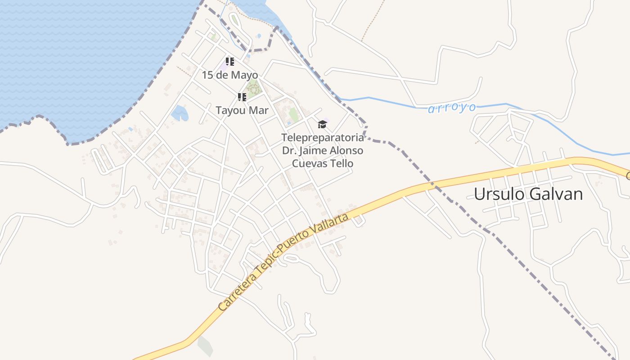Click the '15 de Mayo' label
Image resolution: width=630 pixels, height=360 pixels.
pyautogui.click(x=229, y=75)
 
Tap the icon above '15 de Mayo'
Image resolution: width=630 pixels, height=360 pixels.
pyautogui.click(x=229, y=62)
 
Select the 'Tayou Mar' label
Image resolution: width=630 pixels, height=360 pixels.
pyautogui.click(x=242, y=110)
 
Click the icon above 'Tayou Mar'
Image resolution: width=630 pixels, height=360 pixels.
pyautogui.click(x=242, y=97)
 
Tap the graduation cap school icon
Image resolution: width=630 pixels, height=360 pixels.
pyautogui.click(x=322, y=124)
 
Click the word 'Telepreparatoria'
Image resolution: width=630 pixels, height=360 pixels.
pyautogui.click(x=322, y=137)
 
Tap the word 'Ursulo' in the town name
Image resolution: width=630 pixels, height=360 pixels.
pyautogui.click(x=498, y=194)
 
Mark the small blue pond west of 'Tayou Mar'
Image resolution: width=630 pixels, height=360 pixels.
pyautogui.click(x=180, y=113)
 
